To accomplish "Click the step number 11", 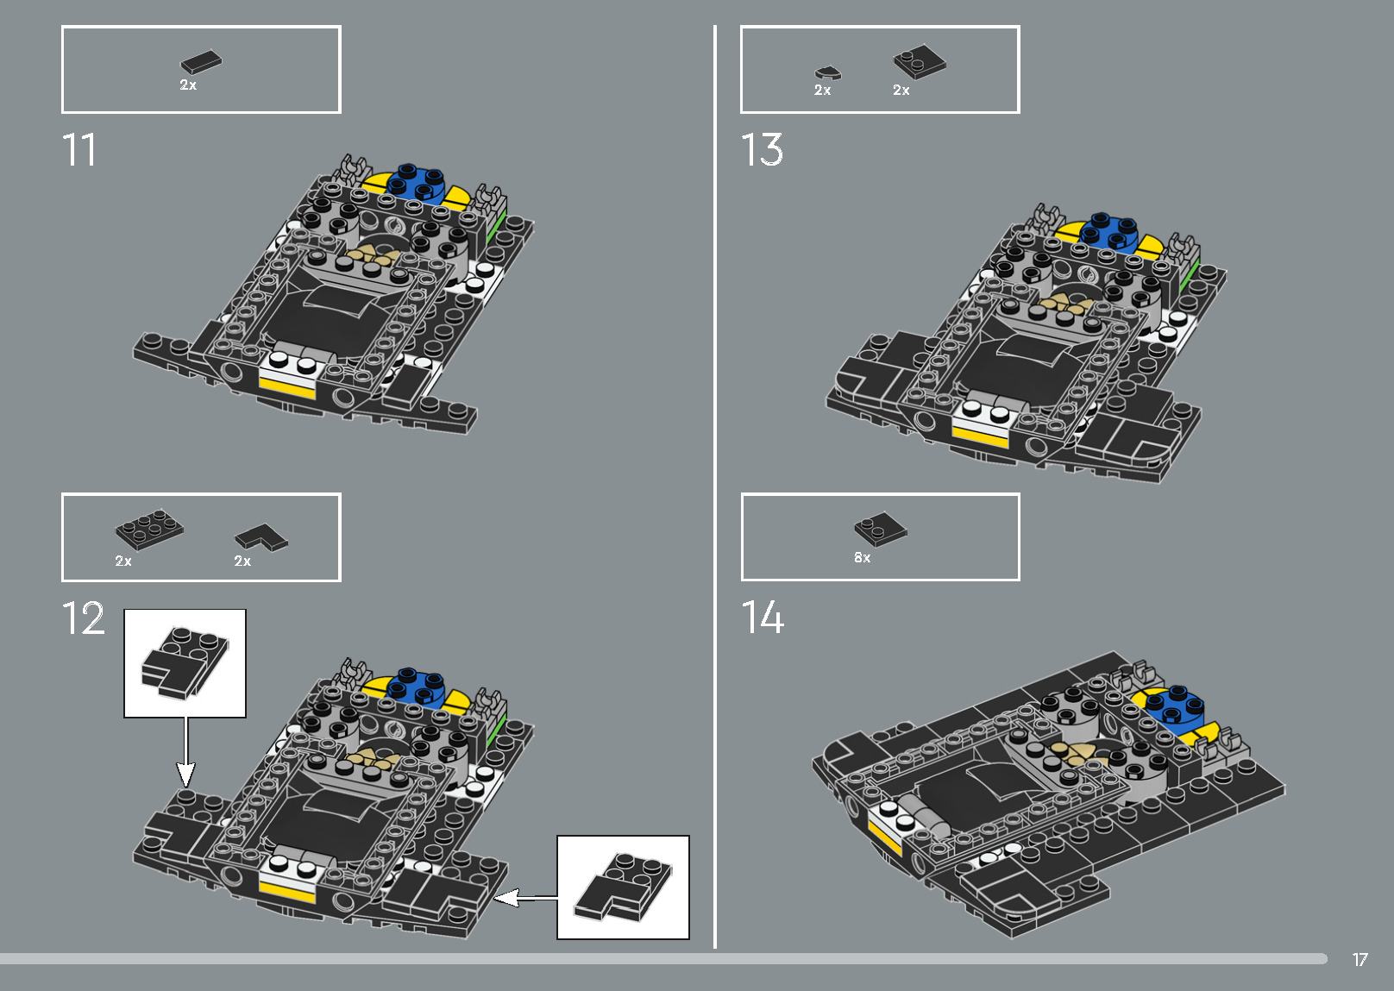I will [x=78, y=151].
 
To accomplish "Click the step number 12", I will [x=83, y=619].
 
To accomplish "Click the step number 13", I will [x=762, y=151].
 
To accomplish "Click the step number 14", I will [x=763, y=618].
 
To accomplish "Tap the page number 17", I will [x=1359, y=960].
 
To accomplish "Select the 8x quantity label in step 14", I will [x=862, y=558].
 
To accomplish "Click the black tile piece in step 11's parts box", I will [x=201, y=62].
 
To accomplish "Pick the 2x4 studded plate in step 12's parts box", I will [x=149, y=528].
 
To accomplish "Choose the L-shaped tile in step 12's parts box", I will [x=261, y=537].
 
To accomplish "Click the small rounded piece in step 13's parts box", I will [x=828, y=72].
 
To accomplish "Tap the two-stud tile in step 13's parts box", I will [x=919, y=62].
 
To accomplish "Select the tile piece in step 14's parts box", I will [x=881, y=529].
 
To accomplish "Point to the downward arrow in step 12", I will [x=185, y=750].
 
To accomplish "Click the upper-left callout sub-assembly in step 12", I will [x=185, y=662].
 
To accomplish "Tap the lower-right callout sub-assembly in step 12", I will [x=623, y=886].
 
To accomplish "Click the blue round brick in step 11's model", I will [x=417, y=182].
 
